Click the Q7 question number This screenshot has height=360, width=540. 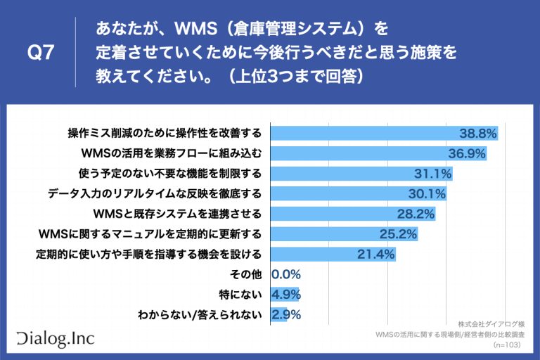(x=40, y=53)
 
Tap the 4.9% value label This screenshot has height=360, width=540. (x=286, y=295)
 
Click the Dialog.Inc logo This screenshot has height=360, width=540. (x=54, y=338)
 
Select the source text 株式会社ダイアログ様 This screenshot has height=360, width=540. (x=491, y=324)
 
